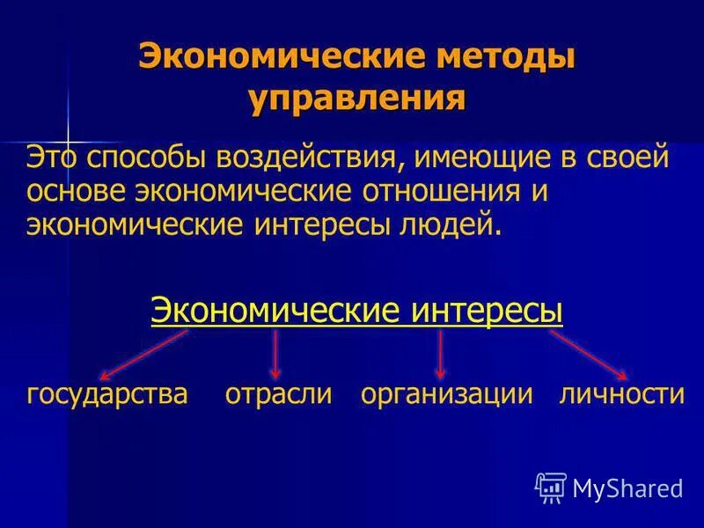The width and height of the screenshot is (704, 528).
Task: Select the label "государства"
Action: (107, 392)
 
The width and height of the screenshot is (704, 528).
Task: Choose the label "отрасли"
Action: (278, 392)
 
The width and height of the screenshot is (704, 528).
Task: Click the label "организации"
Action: (447, 392)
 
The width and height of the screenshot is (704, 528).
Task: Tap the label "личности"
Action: (621, 392)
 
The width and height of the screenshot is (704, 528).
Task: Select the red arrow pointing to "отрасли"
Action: (275, 354)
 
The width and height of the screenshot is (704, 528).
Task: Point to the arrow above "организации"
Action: (440, 354)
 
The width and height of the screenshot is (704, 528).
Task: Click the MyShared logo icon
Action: (551, 487)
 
